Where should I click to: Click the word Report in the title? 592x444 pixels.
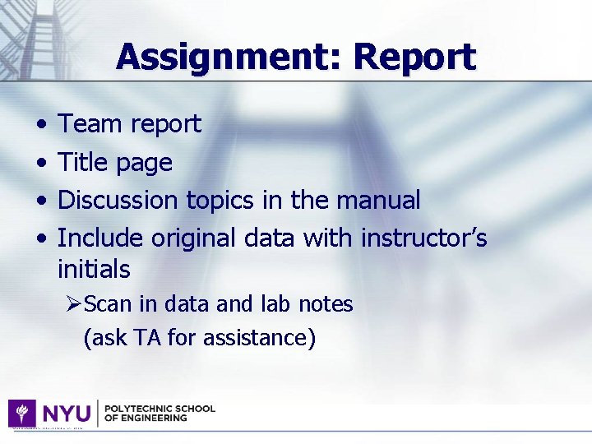(415, 57)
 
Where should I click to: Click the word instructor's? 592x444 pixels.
(423, 238)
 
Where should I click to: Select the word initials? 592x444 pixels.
(94, 269)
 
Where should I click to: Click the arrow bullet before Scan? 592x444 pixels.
(75, 304)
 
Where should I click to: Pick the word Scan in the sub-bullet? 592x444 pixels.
(108, 304)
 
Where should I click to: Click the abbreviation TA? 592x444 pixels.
(148, 337)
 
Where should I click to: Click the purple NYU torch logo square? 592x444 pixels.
(21, 413)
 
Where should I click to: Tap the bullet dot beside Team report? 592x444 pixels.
(41, 125)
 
